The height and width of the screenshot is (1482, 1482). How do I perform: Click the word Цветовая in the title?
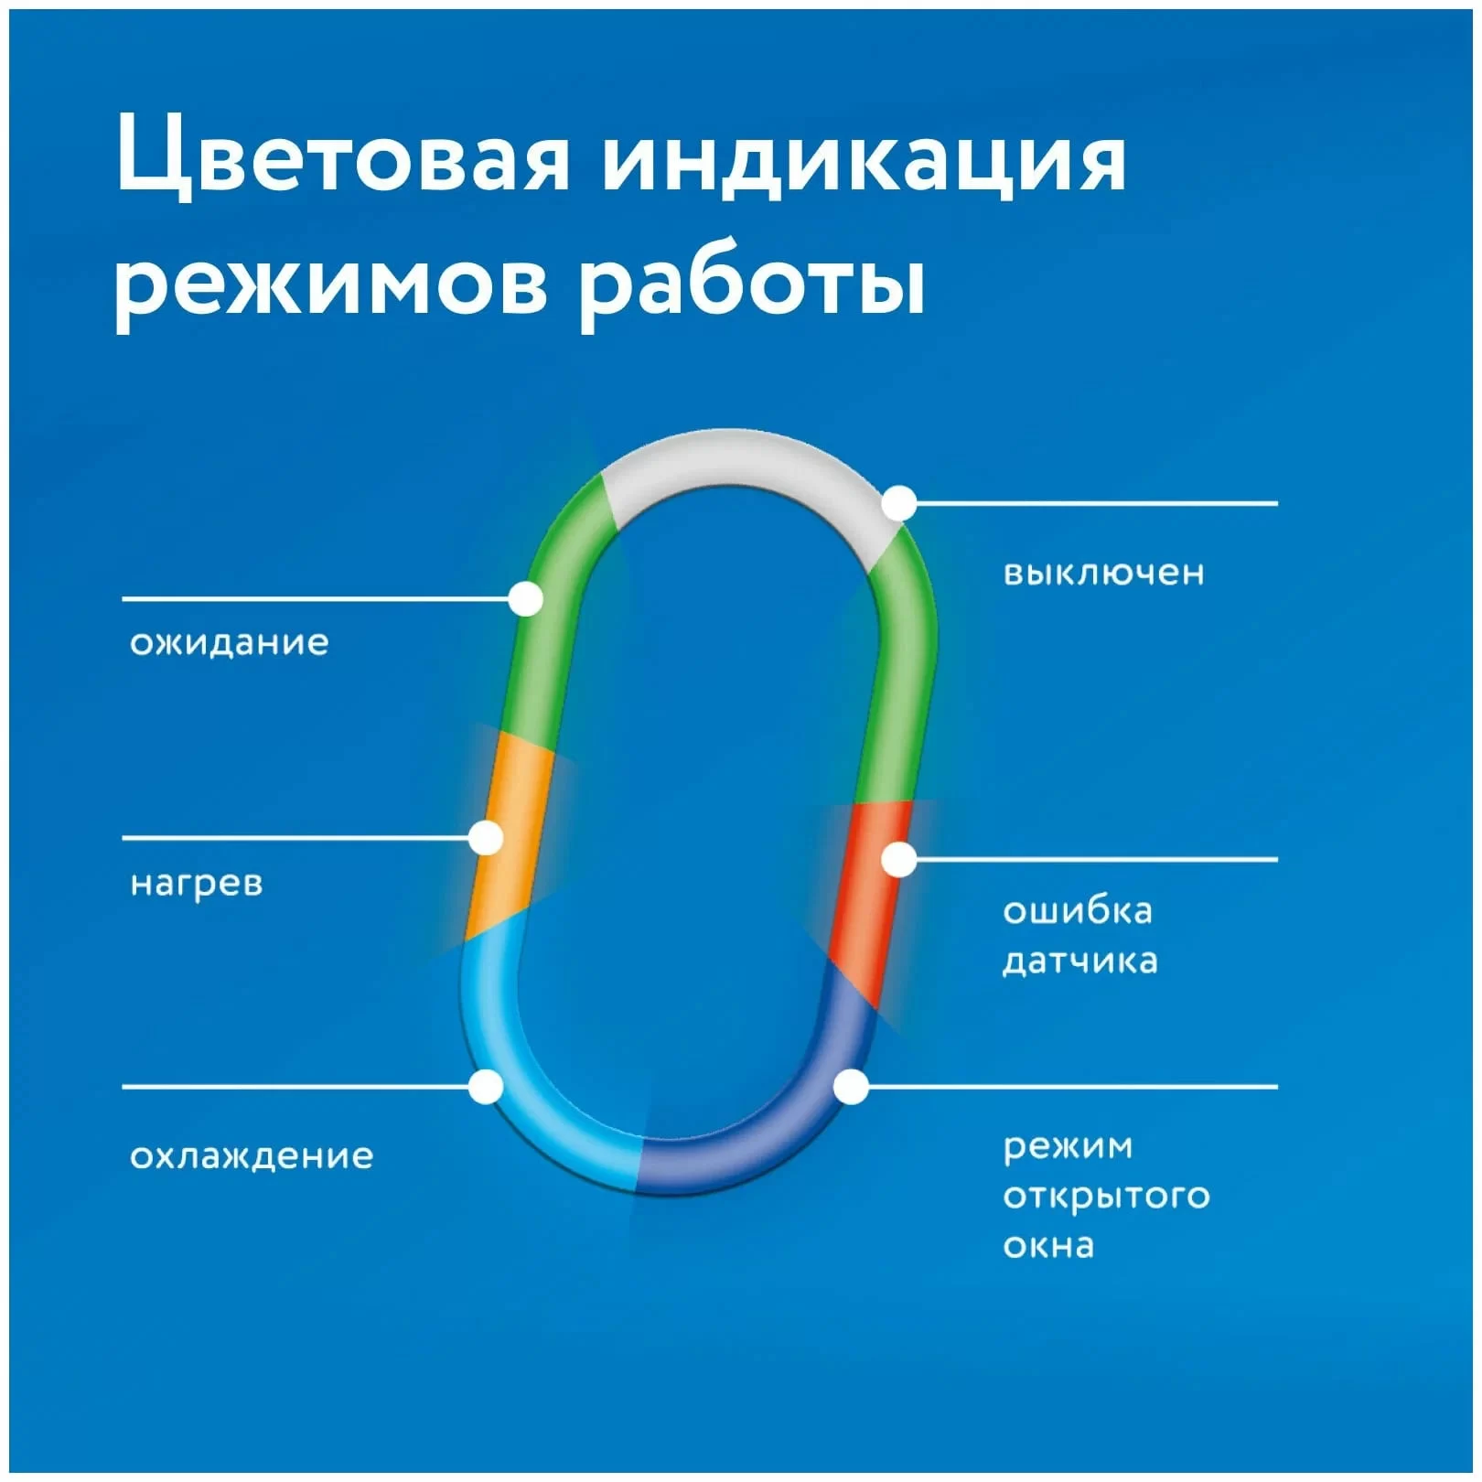coord(343,156)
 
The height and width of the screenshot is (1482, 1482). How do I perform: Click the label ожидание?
coord(230,642)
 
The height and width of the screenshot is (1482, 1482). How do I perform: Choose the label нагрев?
coord(197,884)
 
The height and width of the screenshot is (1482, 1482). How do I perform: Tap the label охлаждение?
coord(252,1156)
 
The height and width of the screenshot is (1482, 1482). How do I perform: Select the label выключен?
coord(1104,573)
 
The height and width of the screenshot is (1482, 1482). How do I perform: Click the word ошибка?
coord(1078,910)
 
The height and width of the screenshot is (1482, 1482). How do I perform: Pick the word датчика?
coord(1080,961)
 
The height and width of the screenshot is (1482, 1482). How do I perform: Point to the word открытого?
coord(1107,1197)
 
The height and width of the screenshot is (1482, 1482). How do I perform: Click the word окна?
coord(1048,1246)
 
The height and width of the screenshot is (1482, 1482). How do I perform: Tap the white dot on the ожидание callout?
coord(525,599)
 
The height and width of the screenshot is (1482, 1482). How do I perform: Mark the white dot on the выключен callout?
coord(899,503)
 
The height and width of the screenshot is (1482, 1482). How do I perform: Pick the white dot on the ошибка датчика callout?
coord(899,860)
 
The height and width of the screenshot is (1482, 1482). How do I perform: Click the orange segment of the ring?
coord(510,835)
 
